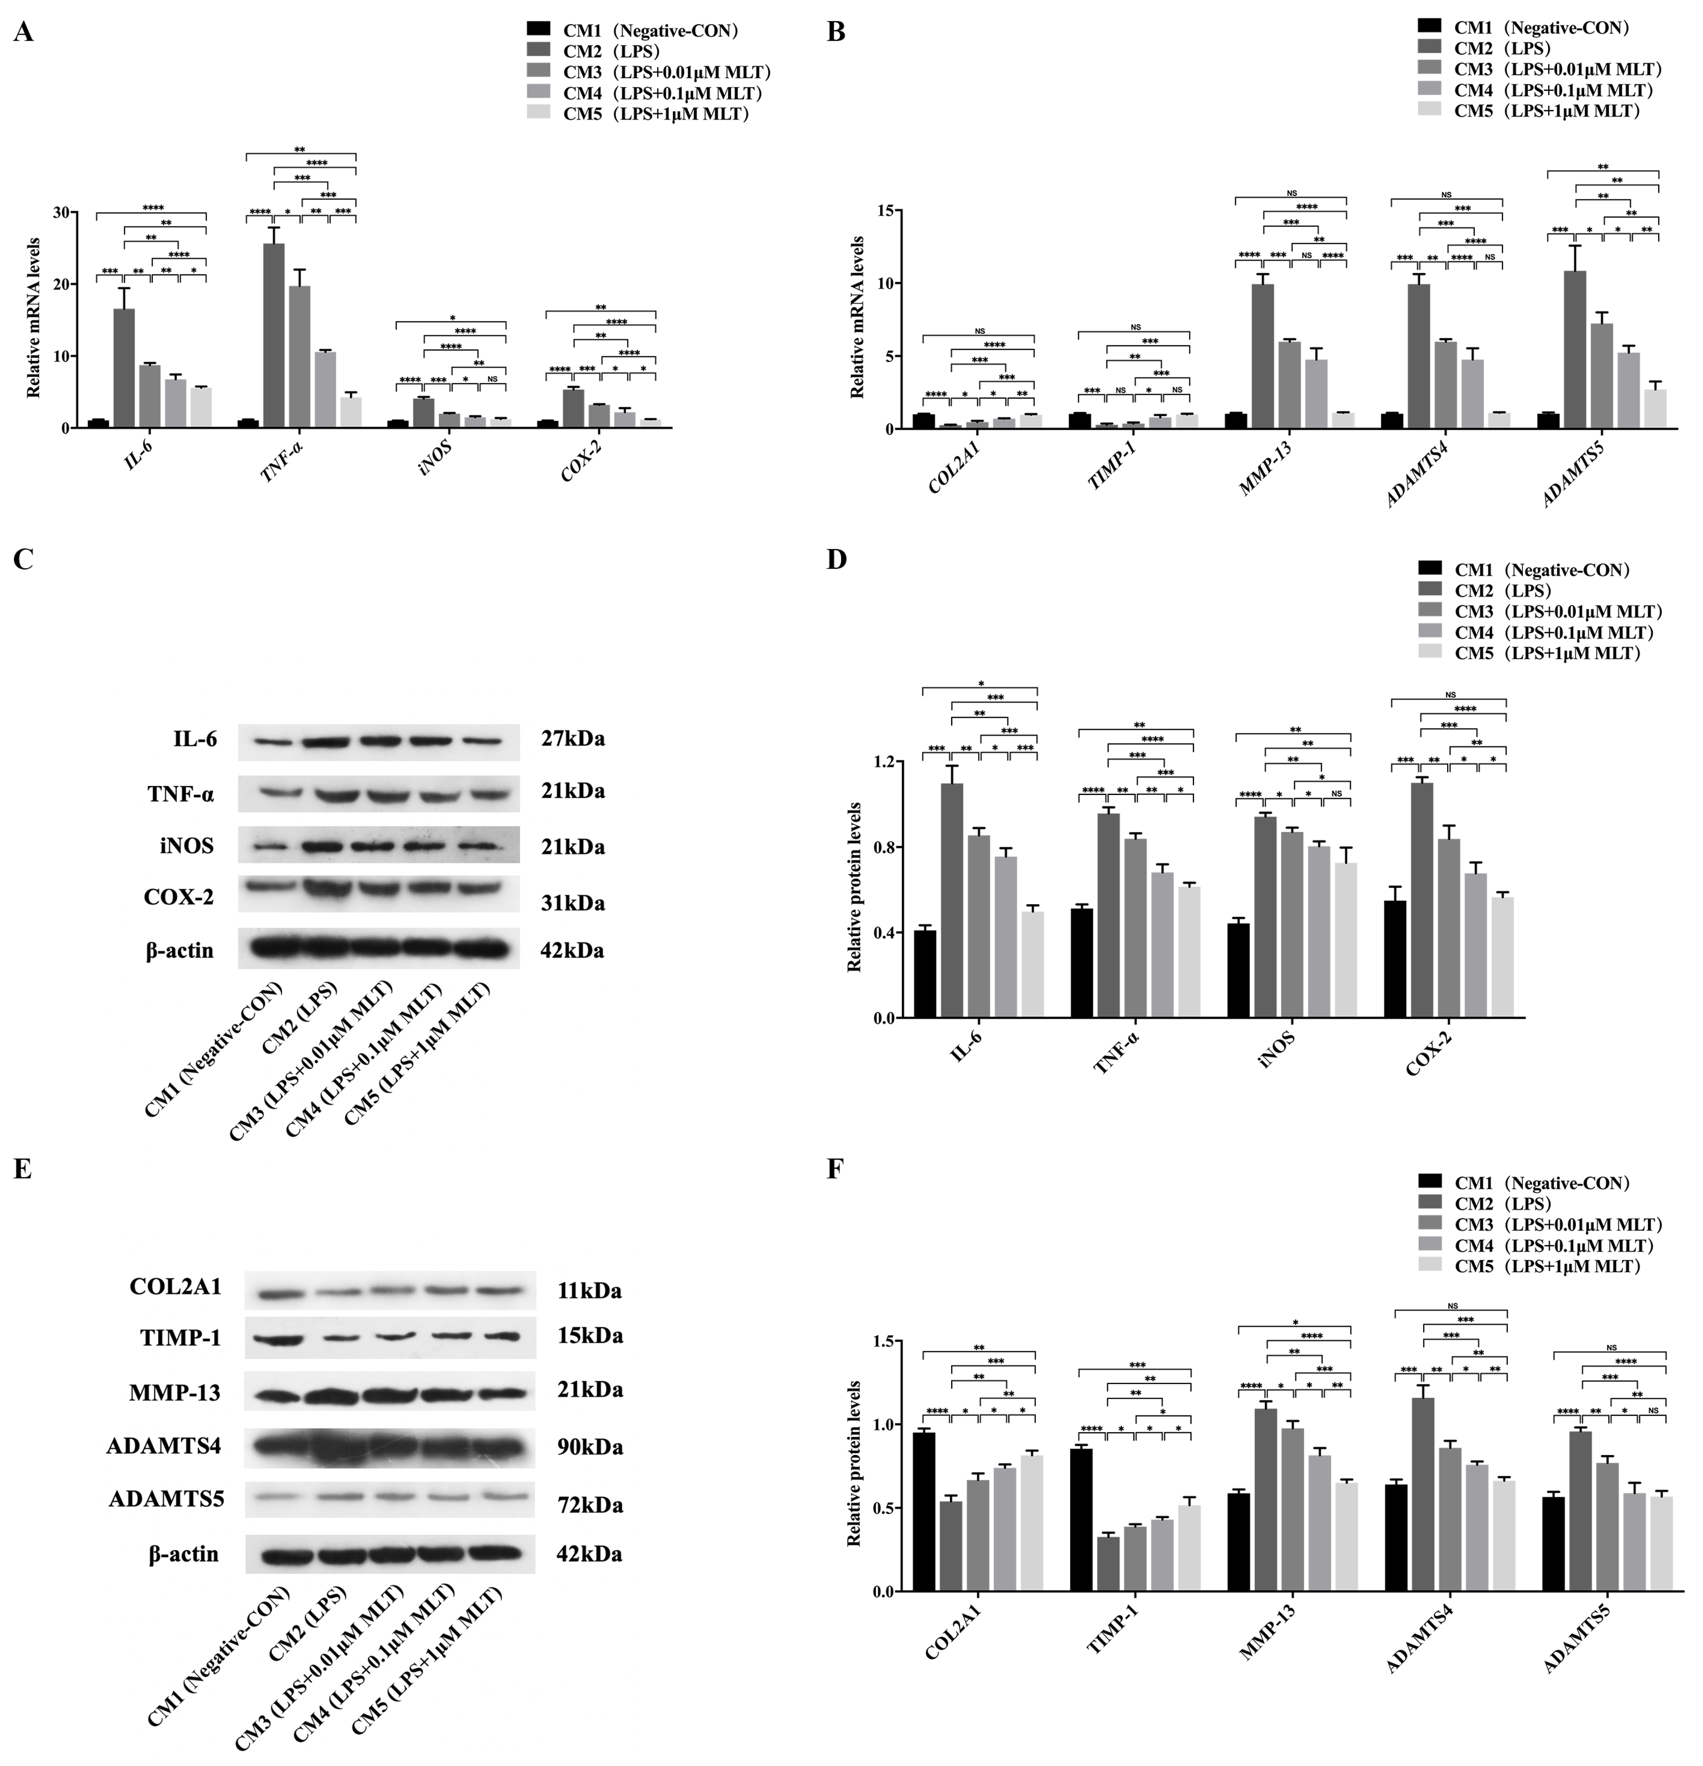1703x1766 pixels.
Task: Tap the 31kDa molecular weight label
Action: [x=573, y=903]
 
